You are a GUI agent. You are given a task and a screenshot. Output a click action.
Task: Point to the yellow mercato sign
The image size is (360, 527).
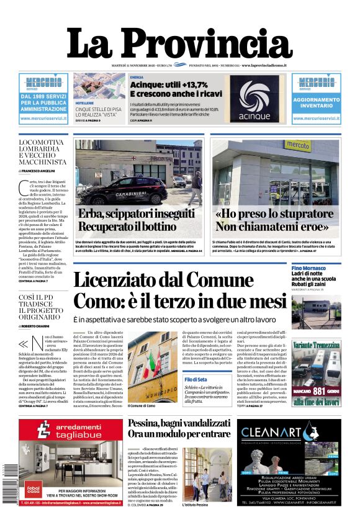click(x=298, y=146)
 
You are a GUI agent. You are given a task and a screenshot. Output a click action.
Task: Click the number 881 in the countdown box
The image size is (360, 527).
click(x=318, y=391)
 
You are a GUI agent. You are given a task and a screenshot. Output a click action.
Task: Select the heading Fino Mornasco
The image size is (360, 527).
click(x=310, y=268)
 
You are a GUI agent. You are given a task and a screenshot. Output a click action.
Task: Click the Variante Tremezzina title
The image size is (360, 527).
click(x=316, y=345)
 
